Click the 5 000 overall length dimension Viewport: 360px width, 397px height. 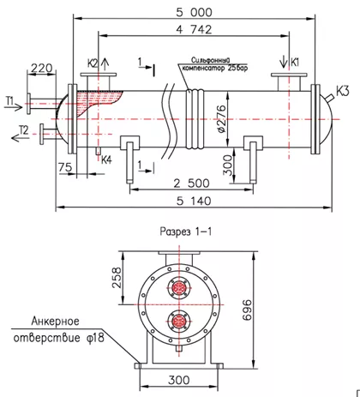[194, 12]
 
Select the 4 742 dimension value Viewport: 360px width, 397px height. [194, 29]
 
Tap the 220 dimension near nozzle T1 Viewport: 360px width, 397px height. [42, 69]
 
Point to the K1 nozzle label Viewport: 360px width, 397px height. [295, 62]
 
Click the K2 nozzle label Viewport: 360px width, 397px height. [93, 63]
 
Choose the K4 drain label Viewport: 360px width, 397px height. [106, 160]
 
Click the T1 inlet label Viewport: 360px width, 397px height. [9, 100]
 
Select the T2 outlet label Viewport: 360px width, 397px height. [24, 130]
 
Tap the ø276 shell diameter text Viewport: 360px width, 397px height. [221, 119]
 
